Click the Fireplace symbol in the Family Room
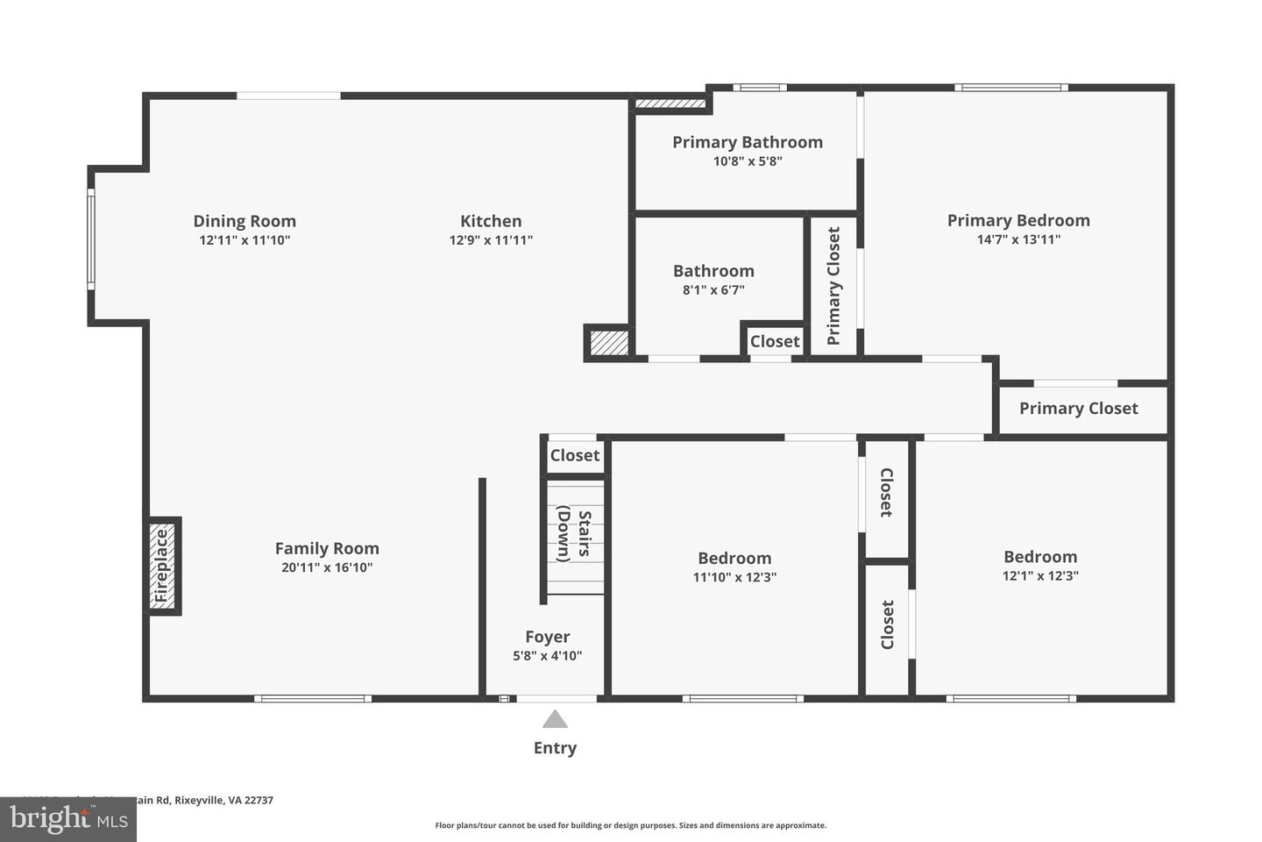pos(162,567)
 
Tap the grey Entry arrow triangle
pos(555,720)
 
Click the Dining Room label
pos(245,221)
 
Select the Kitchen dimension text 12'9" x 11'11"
pos(491,240)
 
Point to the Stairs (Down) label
pos(574,534)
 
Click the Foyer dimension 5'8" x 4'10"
pos(548,656)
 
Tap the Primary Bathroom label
pos(748,142)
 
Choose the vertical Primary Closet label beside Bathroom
pos(833,286)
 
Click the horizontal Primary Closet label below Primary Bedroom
pos(1078,409)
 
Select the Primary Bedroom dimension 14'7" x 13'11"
pos(1018,239)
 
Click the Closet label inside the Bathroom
pos(775,341)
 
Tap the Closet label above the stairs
pos(575,455)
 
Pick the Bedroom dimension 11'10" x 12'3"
pos(734,577)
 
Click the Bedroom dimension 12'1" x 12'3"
pos(1040,576)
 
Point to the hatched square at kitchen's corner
pos(608,342)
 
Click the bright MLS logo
pos(67,820)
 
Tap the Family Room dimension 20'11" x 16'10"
pos(327,567)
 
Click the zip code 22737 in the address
pos(259,800)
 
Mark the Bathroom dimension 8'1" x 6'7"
pos(713,290)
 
